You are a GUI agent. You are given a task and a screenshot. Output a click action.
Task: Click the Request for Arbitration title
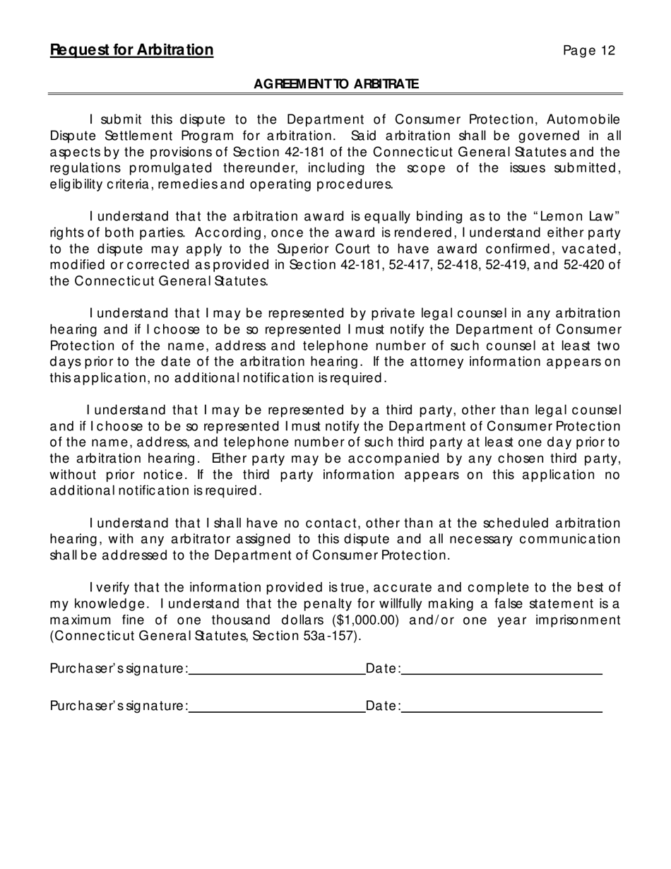click(x=131, y=50)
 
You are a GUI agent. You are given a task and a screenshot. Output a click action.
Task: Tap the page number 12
click(x=589, y=51)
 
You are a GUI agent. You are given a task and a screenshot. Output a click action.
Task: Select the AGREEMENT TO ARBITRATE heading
click(x=335, y=84)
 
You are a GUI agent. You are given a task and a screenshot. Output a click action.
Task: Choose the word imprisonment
click(x=577, y=620)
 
